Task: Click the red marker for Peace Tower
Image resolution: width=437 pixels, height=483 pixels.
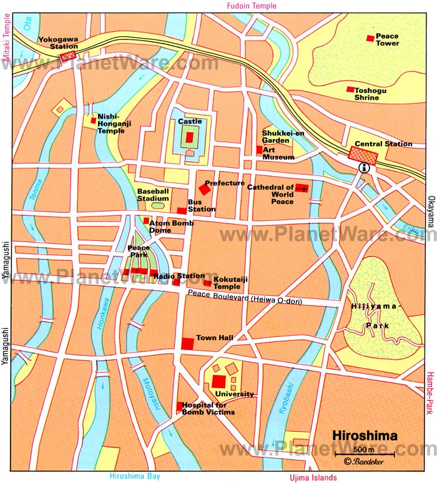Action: pyautogui.click(x=370, y=39)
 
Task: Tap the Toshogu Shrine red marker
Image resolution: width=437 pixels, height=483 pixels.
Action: pyautogui.click(x=351, y=89)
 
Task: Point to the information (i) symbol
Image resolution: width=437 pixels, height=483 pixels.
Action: pyautogui.click(x=363, y=168)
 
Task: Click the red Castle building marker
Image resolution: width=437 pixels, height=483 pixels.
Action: pyautogui.click(x=190, y=137)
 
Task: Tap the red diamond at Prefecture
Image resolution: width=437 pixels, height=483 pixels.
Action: pyautogui.click(x=204, y=188)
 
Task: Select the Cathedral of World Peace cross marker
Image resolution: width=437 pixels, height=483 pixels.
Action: pyautogui.click(x=302, y=188)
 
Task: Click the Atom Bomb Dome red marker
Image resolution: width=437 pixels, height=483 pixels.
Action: pyautogui.click(x=146, y=220)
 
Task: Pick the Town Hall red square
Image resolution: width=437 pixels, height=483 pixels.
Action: pyautogui.click(x=187, y=343)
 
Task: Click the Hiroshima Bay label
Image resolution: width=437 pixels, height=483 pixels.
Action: pyautogui.click(x=135, y=476)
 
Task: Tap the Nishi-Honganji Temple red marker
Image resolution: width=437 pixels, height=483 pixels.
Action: pyautogui.click(x=94, y=120)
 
